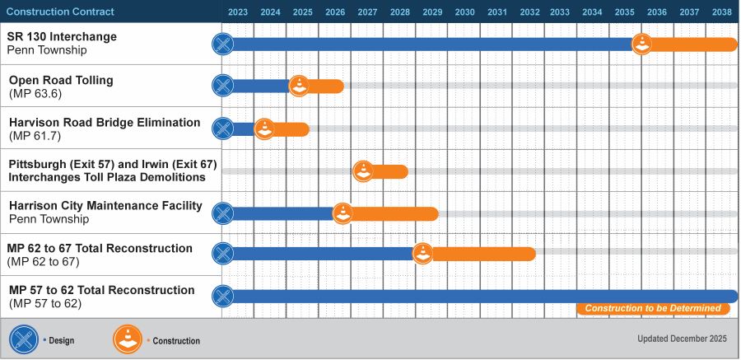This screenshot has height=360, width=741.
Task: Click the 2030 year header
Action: (x=464, y=12)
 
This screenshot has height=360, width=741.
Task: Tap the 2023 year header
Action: (x=238, y=12)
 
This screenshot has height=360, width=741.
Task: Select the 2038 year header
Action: (x=722, y=12)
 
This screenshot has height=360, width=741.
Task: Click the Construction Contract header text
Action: (x=60, y=12)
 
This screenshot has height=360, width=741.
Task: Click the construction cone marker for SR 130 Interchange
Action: (x=641, y=44)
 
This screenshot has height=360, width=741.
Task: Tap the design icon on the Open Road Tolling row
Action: (x=222, y=86)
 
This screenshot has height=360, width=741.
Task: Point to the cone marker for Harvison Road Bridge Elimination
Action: (x=264, y=129)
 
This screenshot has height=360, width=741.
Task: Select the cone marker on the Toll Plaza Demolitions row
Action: (x=363, y=171)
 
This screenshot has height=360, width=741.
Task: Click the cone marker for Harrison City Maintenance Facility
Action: (x=343, y=213)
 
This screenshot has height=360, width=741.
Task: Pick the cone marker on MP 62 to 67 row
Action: (x=422, y=254)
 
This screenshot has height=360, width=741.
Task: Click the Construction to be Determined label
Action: (x=653, y=309)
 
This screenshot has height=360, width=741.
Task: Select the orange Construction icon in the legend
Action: (x=128, y=339)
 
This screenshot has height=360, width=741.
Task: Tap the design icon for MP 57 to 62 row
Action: (x=222, y=297)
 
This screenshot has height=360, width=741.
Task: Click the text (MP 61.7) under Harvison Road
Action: (x=35, y=136)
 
